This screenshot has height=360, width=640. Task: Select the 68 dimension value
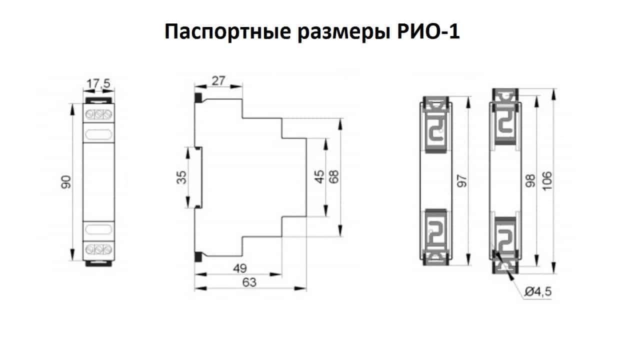pos(334,177)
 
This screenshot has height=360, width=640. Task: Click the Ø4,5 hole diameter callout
pos(537,292)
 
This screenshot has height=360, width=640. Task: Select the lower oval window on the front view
pos(98,230)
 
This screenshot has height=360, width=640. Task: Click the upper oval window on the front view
pos(98,134)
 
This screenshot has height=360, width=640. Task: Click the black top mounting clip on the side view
pos(198,97)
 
